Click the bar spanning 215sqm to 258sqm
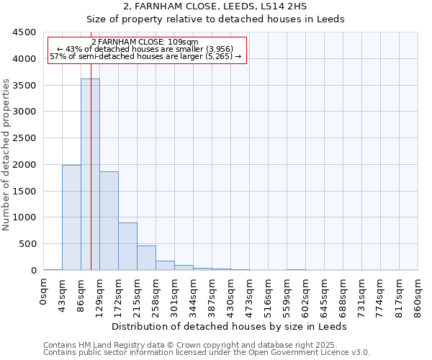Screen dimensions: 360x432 pyautogui.click(x=146, y=258)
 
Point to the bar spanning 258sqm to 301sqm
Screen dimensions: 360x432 pyautogui.click(x=165, y=265)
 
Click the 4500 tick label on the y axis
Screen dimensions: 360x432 pyautogui.click(x=24, y=32)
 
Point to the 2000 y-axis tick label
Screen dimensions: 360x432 pyautogui.click(x=24, y=165)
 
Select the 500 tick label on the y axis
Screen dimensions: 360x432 pyautogui.click(x=27, y=244)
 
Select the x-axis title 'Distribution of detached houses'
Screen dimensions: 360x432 pyautogui.click(x=230, y=326)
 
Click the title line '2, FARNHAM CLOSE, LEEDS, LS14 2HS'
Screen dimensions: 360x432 pyautogui.click(x=215, y=6)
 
